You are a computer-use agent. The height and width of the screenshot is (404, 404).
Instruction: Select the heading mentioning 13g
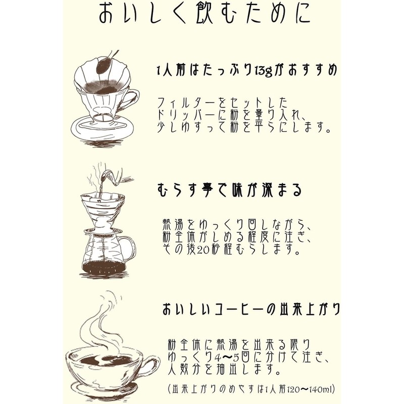246,71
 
